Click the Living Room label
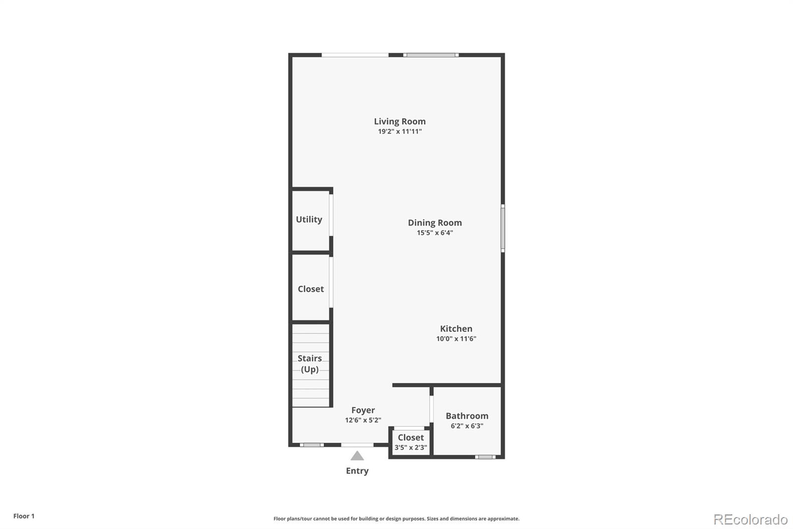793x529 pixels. (399, 121)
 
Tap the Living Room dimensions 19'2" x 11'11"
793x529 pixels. (399, 131)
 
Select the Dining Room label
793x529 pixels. (435, 223)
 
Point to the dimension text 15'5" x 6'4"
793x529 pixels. (435, 233)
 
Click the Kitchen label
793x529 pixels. (456, 329)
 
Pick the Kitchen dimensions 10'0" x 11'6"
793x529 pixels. (456, 338)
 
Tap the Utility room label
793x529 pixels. (309, 219)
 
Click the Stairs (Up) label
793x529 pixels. (310, 364)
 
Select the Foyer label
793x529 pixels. (363, 410)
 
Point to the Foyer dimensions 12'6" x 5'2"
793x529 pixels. (363, 420)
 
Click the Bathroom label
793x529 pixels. (467, 416)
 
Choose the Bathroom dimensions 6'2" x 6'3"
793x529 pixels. (467, 426)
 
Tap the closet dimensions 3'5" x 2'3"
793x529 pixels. (411, 448)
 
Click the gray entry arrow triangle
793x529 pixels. (357, 456)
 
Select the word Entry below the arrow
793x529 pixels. (357, 471)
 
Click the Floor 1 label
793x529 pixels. (24, 516)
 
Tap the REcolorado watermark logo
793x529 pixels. (750, 520)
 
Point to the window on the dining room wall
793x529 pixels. (503, 228)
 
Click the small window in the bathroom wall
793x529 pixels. (485, 457)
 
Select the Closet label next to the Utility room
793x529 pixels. (311, 289)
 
